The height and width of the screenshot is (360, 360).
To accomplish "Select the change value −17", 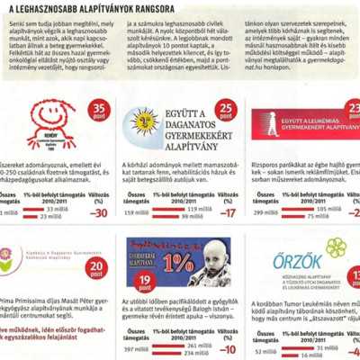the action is coord(230,213).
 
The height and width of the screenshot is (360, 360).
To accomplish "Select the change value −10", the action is coord(231,348).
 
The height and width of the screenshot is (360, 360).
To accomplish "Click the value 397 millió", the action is coord(138,348).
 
